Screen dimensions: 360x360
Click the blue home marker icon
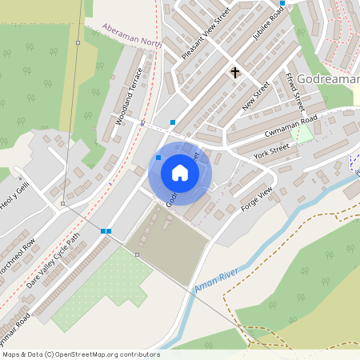tap(180, 172)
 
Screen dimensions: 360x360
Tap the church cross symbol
tap(235, 73)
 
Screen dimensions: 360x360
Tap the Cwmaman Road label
tap(290, 126)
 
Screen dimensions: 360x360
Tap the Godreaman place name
tap(328, 79)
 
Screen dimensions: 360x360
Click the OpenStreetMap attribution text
tap(80, 354)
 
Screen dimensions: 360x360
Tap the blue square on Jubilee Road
tap(282, 3)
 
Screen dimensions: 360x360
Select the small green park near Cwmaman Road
tap(302, 133)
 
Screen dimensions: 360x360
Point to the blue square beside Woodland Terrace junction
tap(173, 122)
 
